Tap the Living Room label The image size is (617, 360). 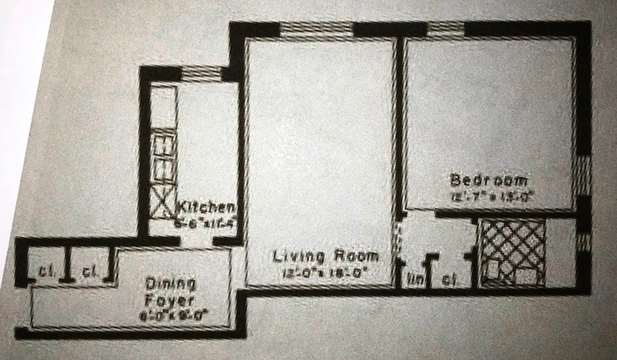click(x=326, y=257)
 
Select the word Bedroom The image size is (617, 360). click(x=489, y=181)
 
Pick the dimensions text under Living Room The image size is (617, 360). click(x=326, y=273)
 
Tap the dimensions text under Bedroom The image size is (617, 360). click(x=489, y=196)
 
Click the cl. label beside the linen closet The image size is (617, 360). click(x=447, y=280)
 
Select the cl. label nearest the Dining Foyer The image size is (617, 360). click(x=88, y=271)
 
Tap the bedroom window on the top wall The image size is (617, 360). click(x=445, y=30)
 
